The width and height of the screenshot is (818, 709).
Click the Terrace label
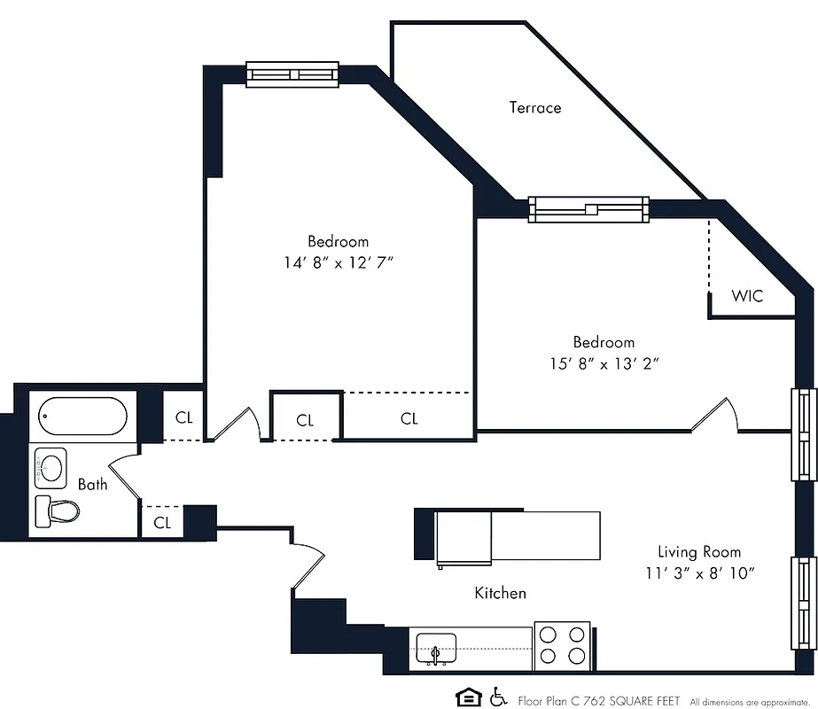tap(534, 108)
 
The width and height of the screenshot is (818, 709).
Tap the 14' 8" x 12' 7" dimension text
tap(338, 262)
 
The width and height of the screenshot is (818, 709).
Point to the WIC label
tap(747, 296)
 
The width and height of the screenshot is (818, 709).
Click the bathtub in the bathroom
tap(83, 416)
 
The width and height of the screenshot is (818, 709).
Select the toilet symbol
tap(58, 510)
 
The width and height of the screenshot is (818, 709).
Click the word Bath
tap(92, 484)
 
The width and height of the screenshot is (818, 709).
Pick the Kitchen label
tap(500, 593)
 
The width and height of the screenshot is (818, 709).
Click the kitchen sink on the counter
tap(434, 648)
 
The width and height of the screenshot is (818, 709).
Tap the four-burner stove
tap(564, 645)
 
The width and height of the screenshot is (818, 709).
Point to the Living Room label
tap(699, 551)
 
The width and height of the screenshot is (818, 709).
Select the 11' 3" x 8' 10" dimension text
tap(699, 573)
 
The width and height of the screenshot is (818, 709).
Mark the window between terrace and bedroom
tap(588, 209)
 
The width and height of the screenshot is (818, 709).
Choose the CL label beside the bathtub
tap(183, 417)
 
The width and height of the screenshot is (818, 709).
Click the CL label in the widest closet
tap(409, 419)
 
